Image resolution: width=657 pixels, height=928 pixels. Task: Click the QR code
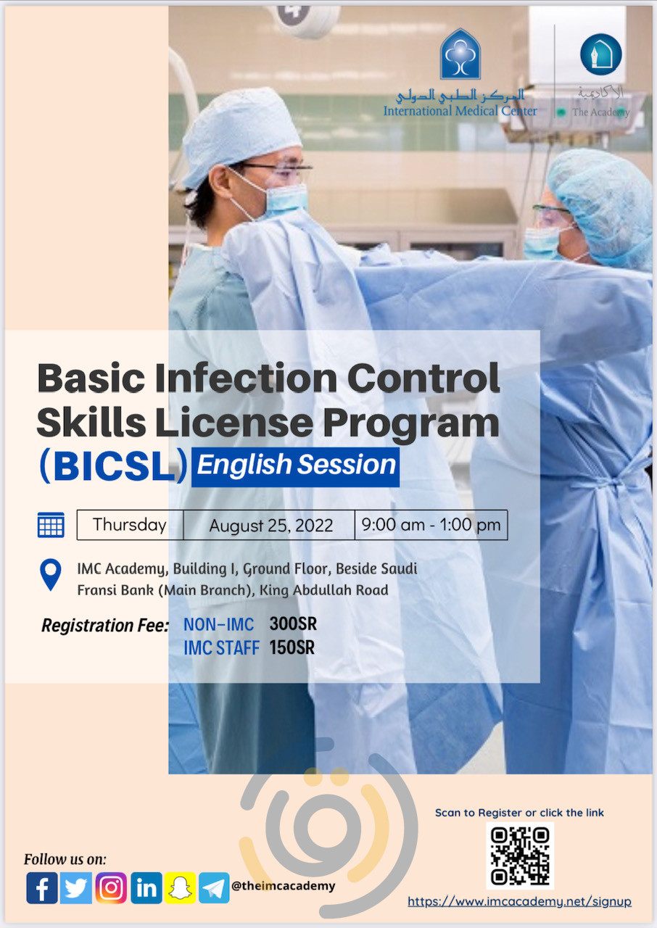click(520, 855)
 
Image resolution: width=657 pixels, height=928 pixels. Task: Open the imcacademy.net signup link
click(519, 902)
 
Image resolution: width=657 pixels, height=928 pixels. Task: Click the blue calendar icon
click(51, 525)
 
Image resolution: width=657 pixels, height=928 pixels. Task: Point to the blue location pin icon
click(50, 574)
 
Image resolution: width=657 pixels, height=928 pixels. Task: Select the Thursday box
click(130, 525)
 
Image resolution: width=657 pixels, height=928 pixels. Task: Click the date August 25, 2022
click(270, 526)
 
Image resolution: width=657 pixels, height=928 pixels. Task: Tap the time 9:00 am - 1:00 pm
click(431, 525)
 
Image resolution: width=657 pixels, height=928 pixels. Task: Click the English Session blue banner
click(296, 465)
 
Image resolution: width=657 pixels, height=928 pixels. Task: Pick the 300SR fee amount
click(293, 623)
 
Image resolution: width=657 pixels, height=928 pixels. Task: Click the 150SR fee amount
click(292, 647)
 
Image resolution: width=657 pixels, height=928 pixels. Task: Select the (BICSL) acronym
click(113, 466)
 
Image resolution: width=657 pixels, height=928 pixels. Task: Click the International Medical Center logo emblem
click(460, 54)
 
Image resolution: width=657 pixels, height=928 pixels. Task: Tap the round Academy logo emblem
click(600, 55)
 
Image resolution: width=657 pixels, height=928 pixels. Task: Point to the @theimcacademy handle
click(284, 885)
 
